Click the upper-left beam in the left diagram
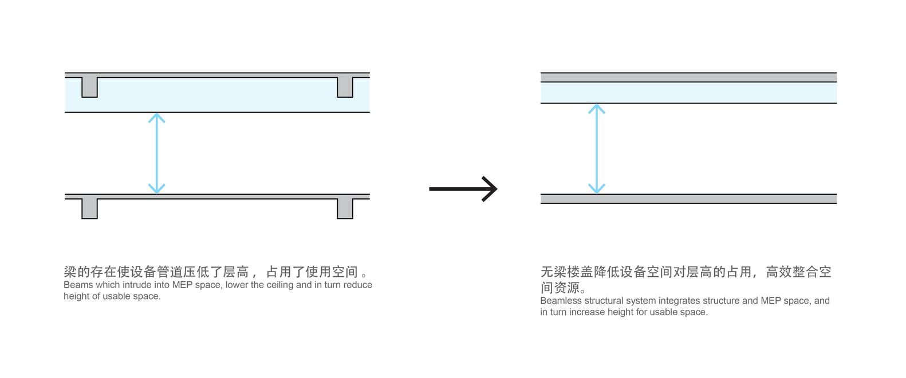click(x=90, y=87)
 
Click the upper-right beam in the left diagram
click(x=345, y=87)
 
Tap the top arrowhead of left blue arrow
click(x=156, y=117)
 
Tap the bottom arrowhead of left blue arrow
click(x=156, y=189)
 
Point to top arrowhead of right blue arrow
click(x=597, y=109)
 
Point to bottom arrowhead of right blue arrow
click(x=597, y=189)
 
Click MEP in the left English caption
click(x=182, y=285)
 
